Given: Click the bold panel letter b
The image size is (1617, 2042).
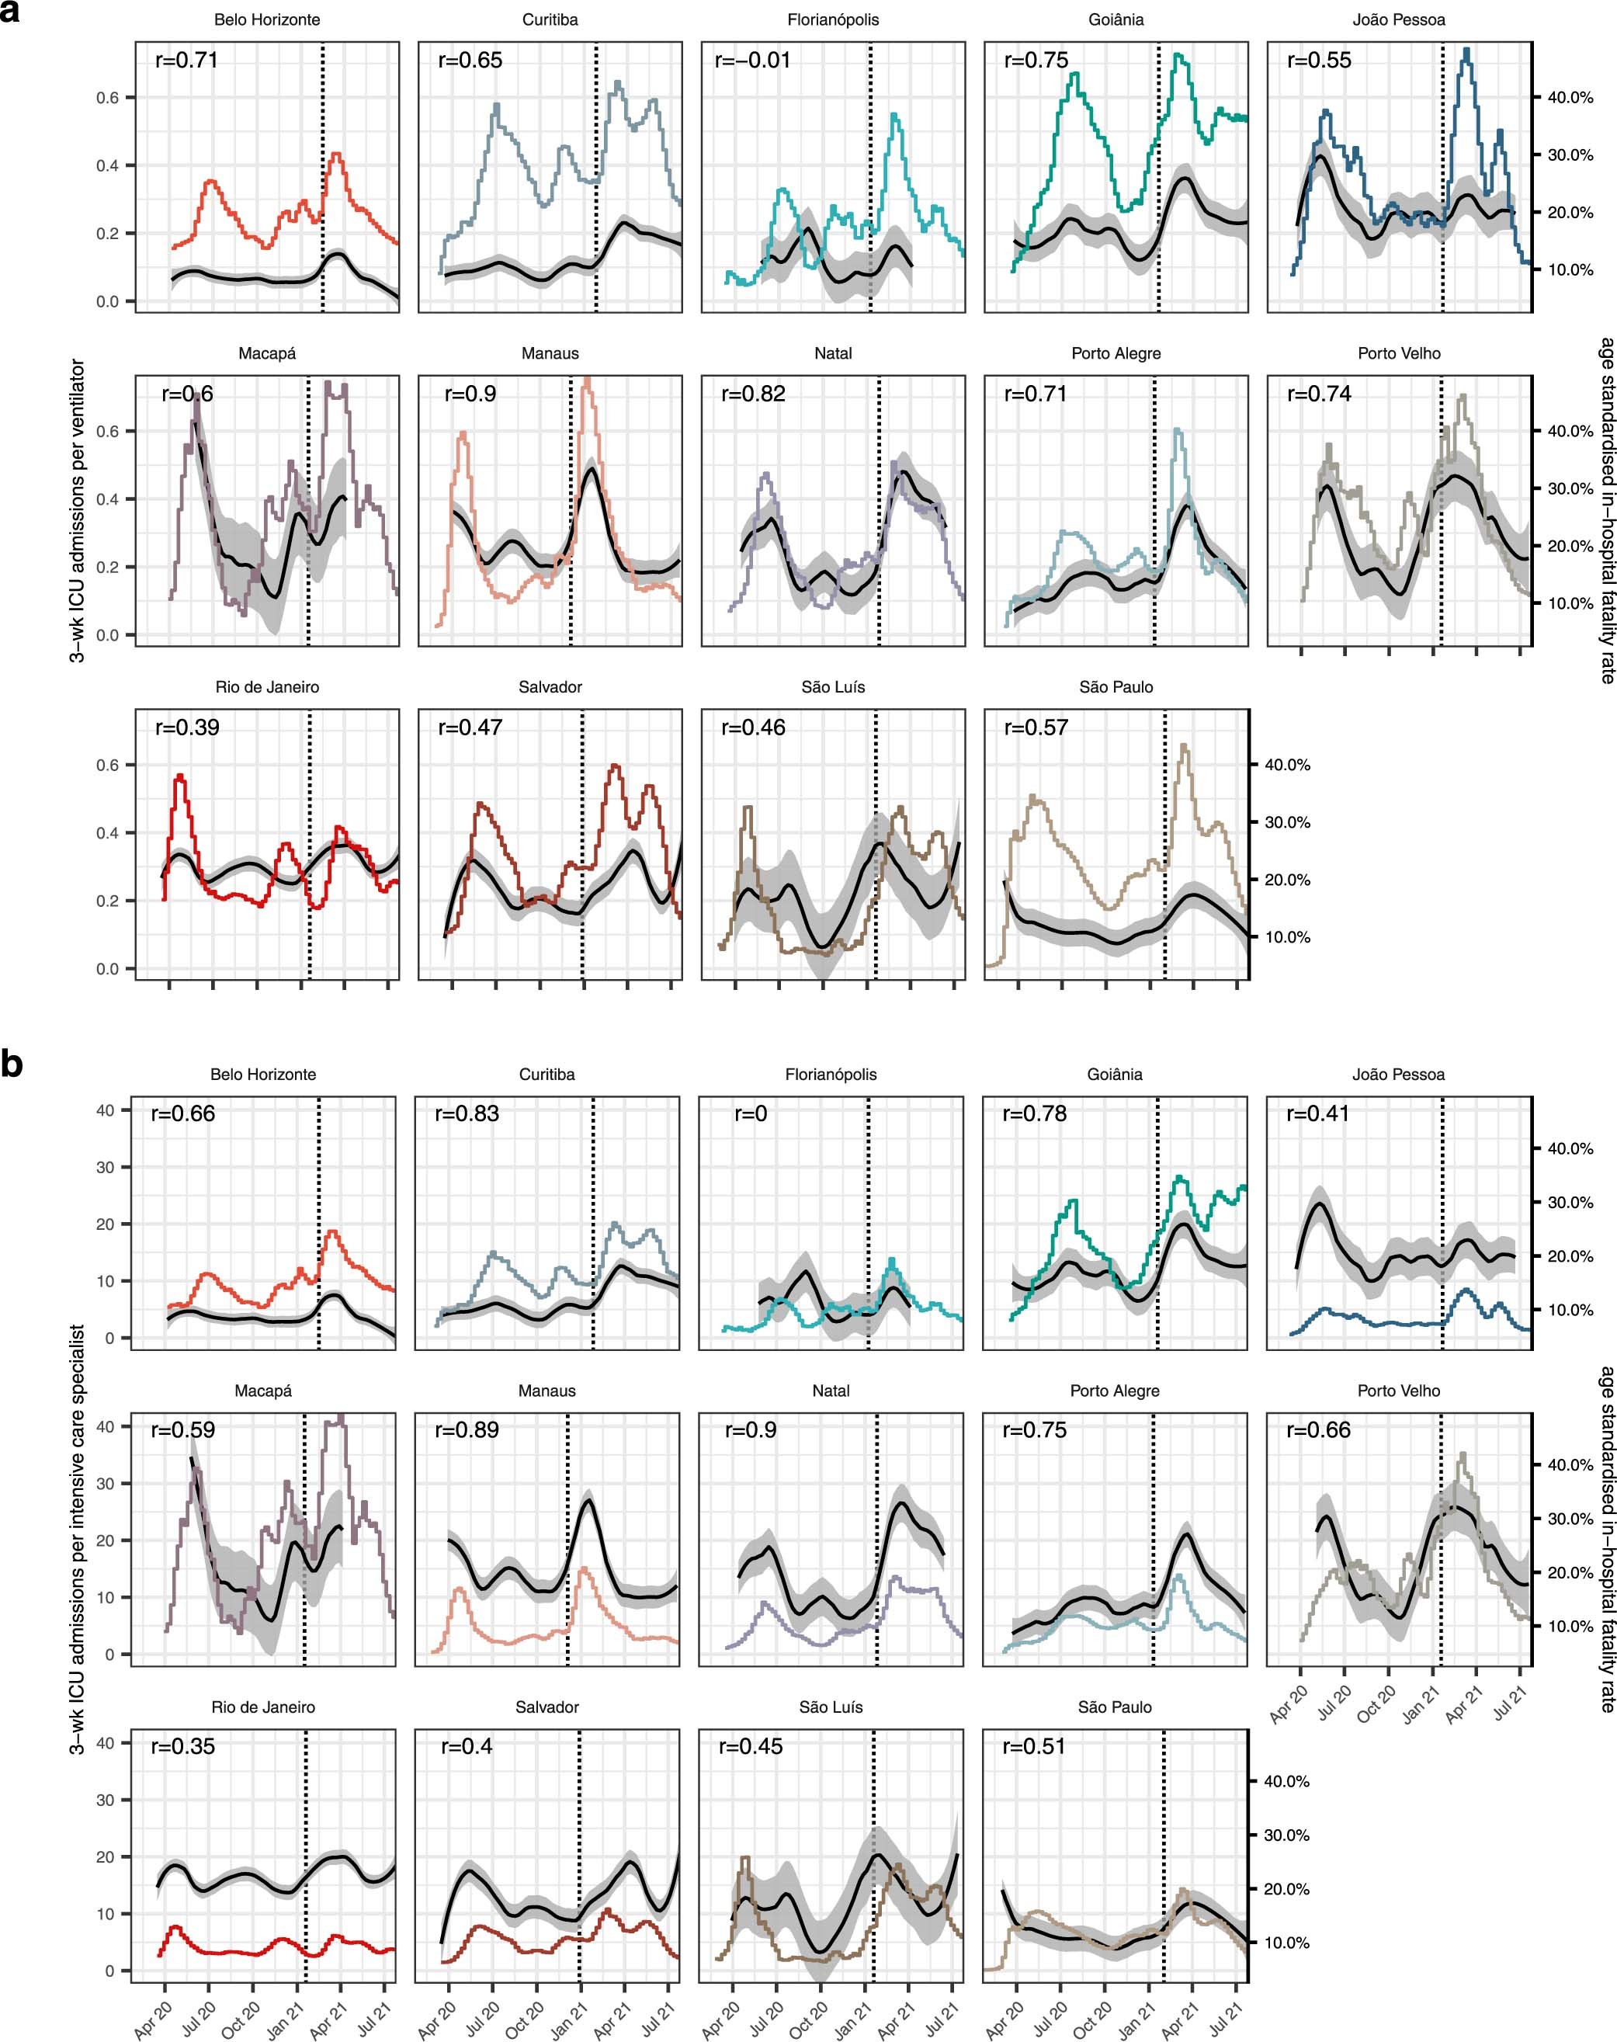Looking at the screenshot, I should click(12, 1065).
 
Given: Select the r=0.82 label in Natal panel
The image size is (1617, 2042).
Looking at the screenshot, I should click(753, 394).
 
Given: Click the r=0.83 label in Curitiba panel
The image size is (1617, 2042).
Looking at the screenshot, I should click(467, 1114).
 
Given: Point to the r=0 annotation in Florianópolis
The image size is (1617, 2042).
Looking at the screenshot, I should click(751, 1114).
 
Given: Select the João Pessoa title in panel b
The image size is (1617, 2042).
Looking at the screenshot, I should click(1397, 1075).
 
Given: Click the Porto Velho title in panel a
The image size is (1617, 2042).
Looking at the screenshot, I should click(1398, 354).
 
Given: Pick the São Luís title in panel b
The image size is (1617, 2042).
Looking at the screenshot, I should click(831, 1707).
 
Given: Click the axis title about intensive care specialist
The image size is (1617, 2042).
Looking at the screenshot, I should click(78, 1538).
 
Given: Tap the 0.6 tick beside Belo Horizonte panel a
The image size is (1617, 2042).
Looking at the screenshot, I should click(107, 99).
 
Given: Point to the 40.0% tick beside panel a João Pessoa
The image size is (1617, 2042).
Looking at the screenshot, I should click(1570, 98).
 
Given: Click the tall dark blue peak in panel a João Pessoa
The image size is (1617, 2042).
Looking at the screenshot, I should click(1466, 53).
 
